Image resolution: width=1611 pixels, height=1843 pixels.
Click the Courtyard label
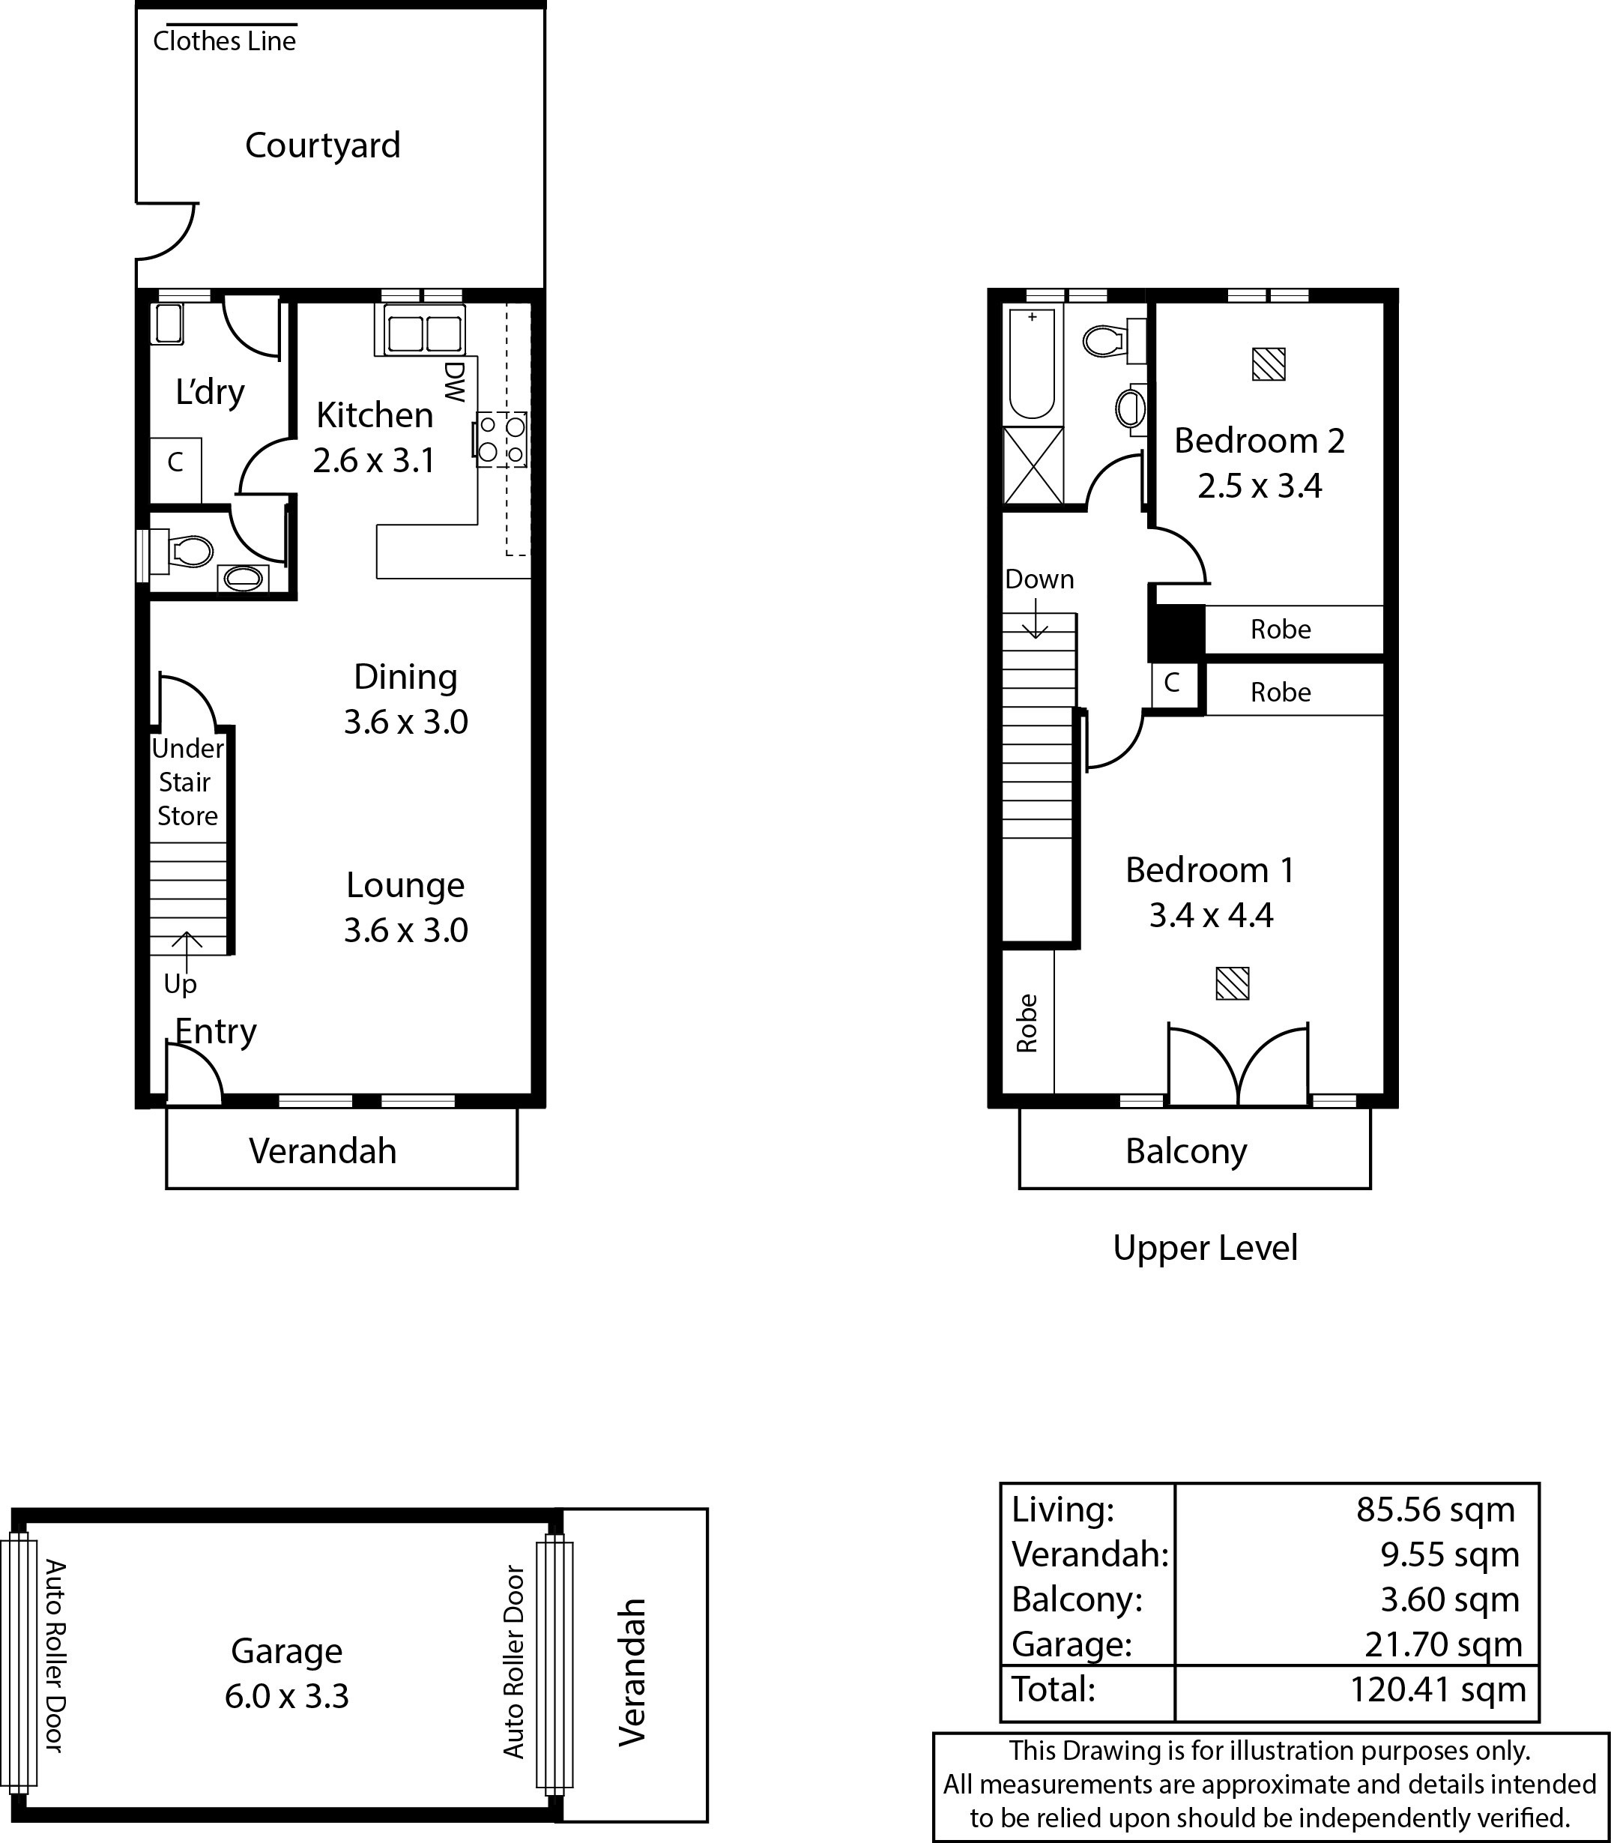point(323,145)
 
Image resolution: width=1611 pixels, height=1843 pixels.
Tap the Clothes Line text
point(224,41)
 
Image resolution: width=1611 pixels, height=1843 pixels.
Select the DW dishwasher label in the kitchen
point(455,382)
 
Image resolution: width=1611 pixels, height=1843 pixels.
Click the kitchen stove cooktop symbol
point(501,438)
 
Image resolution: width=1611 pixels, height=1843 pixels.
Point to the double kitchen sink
point(424,331)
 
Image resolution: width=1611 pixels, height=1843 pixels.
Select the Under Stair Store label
point(187,782)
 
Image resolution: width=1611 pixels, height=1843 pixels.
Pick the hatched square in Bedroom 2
point(1269,364)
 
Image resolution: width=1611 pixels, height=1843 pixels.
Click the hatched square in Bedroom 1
point(1233,983)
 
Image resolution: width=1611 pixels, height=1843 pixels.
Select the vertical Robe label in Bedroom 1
point(1027,1023)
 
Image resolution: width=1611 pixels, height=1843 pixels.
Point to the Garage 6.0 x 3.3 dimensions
point(287,1695)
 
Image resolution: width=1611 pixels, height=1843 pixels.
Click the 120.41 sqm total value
point(1439,1690)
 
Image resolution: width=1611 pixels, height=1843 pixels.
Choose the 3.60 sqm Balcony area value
point(1450,1599)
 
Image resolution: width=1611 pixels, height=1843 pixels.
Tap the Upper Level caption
point(1206,1249)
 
